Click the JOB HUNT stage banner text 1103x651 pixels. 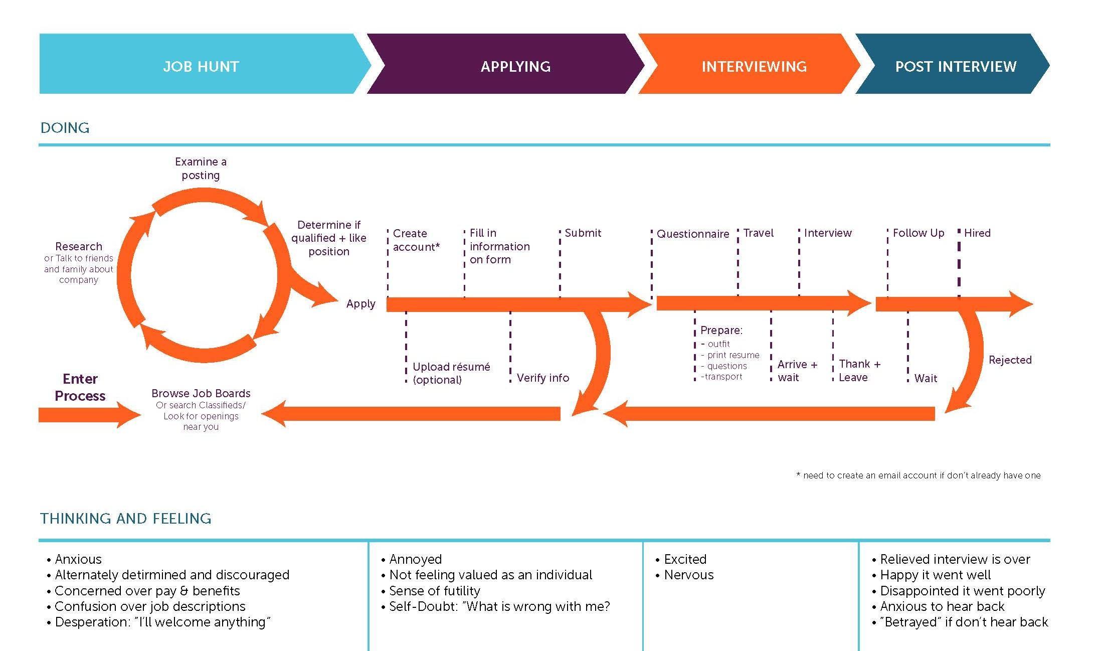tap(201, 67)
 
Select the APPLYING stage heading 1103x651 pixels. tap(515, 67)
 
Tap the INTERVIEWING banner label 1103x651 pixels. tap(754, 67)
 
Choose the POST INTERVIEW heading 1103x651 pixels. tap(956, 67)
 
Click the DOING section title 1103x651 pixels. tap(65, 128)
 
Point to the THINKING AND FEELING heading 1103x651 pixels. tap(125, 518)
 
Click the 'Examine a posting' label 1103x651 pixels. tap(201, 169)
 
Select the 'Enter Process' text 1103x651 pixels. tap(80, 387)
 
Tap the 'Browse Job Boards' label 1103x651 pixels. tap(201, 393)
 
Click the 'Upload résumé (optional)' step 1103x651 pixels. tap(451, 373)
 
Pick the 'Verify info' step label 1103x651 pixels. tap(543, 378)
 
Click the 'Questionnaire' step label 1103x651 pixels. tap(693, 234)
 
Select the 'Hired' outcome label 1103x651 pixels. tap(977, 233)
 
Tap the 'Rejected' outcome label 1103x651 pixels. tap(1010, 360)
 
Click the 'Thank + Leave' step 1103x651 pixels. tap(859, 371)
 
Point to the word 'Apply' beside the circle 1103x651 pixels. tap(360, 303)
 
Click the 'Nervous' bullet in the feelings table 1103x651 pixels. tap(688, 575)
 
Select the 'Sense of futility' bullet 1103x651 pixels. tap(434, 591)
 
